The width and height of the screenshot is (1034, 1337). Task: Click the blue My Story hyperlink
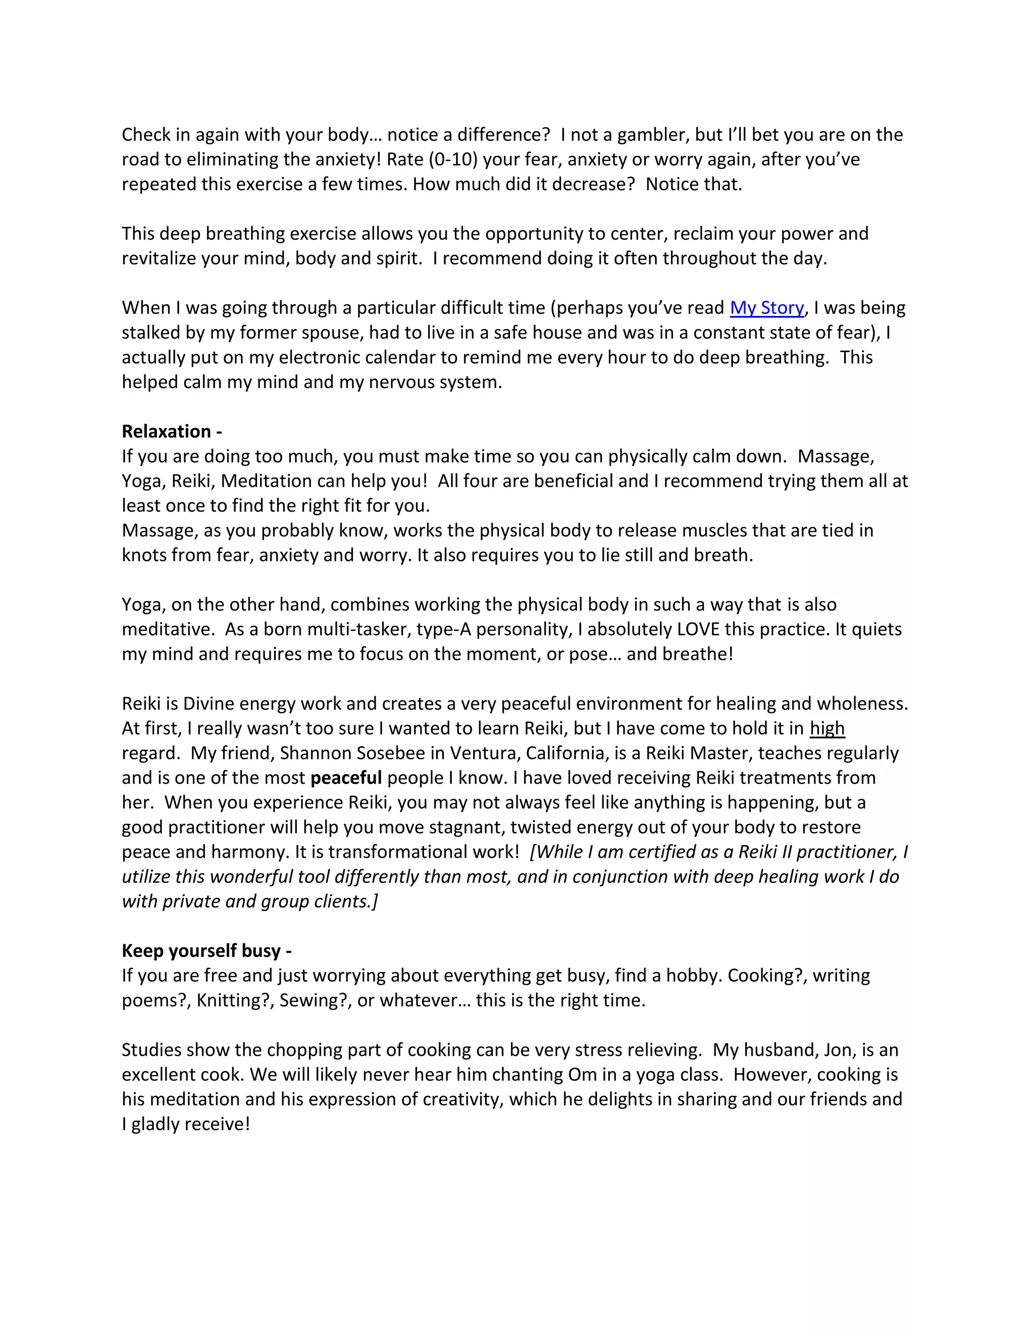tap(766, 307)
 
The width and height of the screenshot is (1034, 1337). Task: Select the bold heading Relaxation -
tap(172, 431)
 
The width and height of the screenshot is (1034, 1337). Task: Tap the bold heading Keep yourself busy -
tap(206, 950)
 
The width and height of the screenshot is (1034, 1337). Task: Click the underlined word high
tap(827, 728)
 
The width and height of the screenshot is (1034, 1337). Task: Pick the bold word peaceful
tap(346, 777)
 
